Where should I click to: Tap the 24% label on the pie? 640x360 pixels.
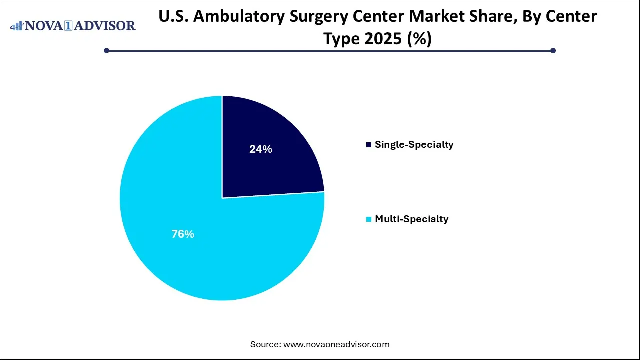(x=260, y=149)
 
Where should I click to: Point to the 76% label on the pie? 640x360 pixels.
(x=182, y=234)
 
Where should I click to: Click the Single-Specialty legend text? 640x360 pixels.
(x=414, y=145)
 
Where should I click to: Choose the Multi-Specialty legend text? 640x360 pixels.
(x=411, y=219)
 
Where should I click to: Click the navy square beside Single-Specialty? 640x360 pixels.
(x=369, y=145)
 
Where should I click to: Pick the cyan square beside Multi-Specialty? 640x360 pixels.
(x=369, y=219)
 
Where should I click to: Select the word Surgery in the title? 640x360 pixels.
(x=314, y=17)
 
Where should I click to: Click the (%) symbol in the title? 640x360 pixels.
(x=419, y=39)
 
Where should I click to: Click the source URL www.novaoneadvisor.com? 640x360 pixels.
(x=336, y=344)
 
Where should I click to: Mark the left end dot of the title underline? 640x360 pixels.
(x=106, y=50)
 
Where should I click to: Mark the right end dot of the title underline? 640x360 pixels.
(x=553, y=50)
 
